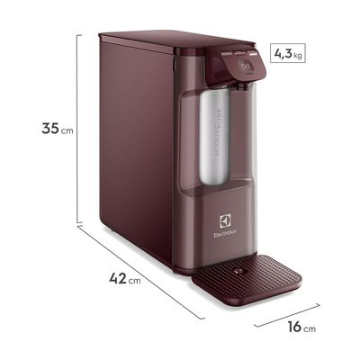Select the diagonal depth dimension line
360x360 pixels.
(x=144, y=269)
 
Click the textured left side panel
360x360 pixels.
(x=135, y=153)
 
